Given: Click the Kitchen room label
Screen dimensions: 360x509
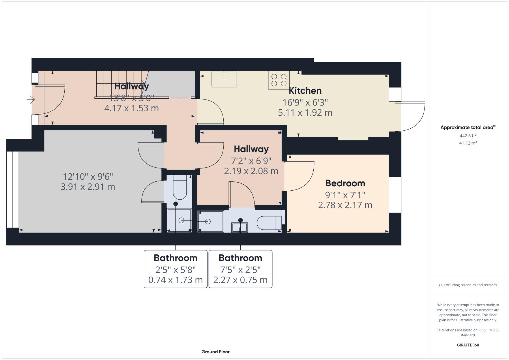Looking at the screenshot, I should pos(305,91).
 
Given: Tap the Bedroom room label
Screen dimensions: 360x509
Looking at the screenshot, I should pos(345,183).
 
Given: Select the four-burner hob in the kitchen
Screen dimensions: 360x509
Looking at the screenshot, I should pos(279,80).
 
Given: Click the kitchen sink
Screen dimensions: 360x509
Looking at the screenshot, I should pos(224,79).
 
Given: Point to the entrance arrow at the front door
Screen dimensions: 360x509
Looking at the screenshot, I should pos(31,99).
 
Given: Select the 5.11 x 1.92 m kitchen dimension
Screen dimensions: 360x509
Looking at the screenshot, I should pos(305,113).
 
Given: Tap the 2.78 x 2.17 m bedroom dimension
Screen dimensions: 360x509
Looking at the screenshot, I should pos(345,205).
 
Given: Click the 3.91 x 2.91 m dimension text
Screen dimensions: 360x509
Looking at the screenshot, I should pos(88,187).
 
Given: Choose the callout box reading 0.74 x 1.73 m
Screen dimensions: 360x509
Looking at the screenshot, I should pos(175,269).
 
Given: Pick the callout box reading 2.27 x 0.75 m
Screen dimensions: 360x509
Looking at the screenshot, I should pos(240,269).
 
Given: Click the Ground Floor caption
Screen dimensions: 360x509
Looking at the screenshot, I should pos(215,352).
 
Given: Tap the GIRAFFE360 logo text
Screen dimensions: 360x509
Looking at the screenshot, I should pos(468,345).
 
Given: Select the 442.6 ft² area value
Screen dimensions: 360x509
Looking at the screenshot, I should pos(468,136).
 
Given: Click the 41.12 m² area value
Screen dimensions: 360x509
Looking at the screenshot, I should pos(468,143).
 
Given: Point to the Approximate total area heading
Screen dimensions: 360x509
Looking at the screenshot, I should pos(468,127).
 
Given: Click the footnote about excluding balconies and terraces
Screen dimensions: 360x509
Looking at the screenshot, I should pos(468,285).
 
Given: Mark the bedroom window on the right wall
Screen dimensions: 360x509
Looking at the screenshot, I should pos(395,195).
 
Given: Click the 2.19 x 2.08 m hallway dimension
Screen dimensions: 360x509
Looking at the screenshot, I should pos(251,171).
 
